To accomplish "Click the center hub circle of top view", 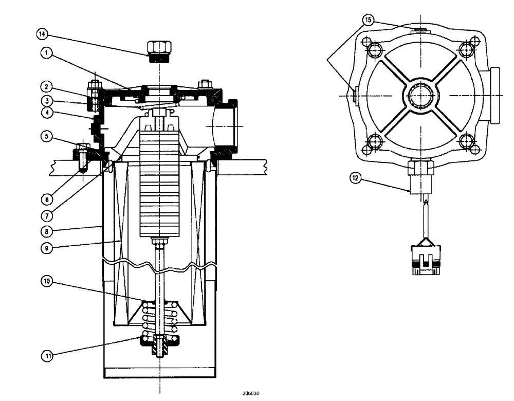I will [421, 95].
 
